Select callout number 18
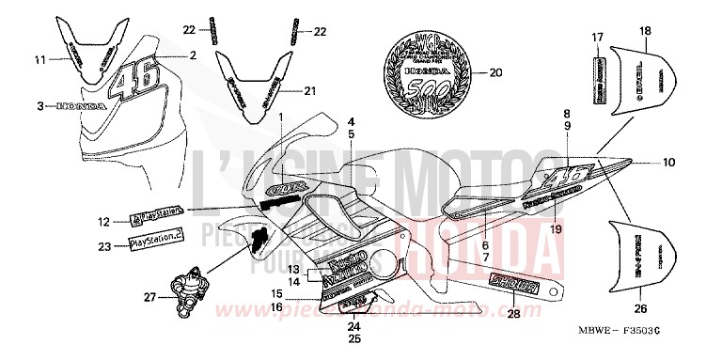coord(644,31)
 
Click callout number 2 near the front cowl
coord(193,55)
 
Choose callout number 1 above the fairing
coord(279,116)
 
